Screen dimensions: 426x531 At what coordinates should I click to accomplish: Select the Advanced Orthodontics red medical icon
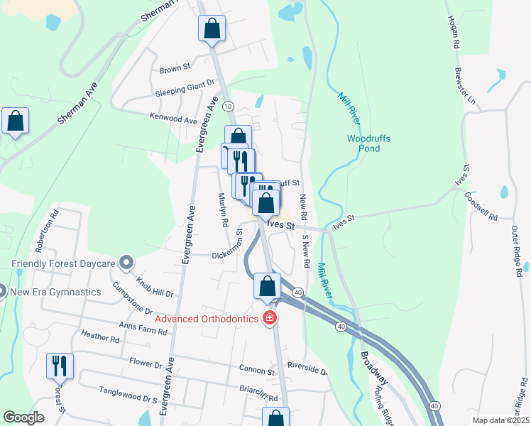coord(269,318)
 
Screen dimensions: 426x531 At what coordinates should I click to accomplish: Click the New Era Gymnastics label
coord(56,291)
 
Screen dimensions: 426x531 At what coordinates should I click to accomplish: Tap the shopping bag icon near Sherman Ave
coord(15,121)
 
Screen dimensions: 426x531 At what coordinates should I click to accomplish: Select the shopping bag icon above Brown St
coord(212,30)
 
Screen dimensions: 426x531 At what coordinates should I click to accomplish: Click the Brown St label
coord(175,69)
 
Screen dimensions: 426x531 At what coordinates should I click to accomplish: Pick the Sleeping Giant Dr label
coord(185,89)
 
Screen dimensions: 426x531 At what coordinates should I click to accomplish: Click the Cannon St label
coord(256,371)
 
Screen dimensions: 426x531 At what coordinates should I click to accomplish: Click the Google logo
coord(23,417)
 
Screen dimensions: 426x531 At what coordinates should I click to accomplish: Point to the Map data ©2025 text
coord(500,420)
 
